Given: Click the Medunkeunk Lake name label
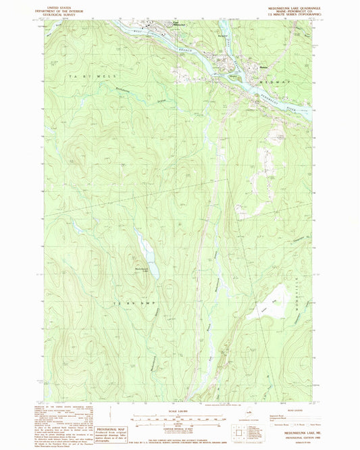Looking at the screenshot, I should (144, 271).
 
